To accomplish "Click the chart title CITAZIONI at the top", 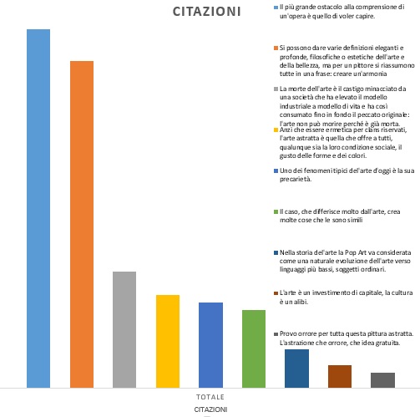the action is click(x=206, y=12).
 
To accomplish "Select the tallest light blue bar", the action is click(x=38, y=208).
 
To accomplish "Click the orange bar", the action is click(x=82, y=224).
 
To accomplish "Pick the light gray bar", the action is click(x=124, y=329).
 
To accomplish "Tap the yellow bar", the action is click(x=168, y=341).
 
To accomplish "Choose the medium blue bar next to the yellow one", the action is click(x=210, y=345).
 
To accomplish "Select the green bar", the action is click(x=254, y=348).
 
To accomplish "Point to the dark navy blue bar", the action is click(x=296, y=369).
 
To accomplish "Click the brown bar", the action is click(x=340, y=376).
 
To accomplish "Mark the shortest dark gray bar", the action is click(x=382, y=380).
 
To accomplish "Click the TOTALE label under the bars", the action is click(x=210, y=397).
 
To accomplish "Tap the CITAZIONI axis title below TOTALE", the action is click(x=210, y=409).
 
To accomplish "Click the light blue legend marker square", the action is click(x=276, y=8).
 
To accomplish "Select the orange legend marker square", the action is click(x=276, y=48).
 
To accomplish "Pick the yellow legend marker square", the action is click(x=276, y=130).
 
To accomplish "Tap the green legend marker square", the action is click(x=276, y=211).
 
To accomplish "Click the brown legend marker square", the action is click(x=276, y=293).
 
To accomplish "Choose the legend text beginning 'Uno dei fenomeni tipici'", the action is click(x=347, y=175).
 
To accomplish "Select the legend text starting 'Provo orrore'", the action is click(x=347, y=338).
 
